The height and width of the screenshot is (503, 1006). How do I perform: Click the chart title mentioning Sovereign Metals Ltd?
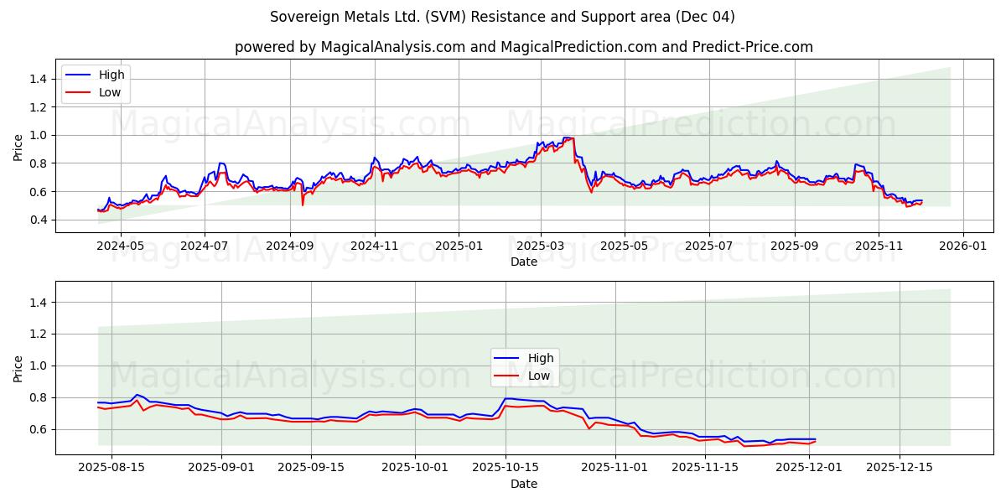(502, 17)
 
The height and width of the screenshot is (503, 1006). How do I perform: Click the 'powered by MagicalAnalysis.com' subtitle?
(523, 47)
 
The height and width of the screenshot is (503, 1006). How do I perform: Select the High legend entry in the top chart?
(111, 75)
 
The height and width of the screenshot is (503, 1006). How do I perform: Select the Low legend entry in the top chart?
(110, 92)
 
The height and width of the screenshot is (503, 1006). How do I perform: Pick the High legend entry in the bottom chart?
(540, 358)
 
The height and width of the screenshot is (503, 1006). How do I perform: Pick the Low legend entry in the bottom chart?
(538, 376)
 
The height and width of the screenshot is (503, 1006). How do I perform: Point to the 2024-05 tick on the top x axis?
(120, 246)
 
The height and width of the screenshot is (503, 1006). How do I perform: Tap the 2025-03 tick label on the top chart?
(540, 246)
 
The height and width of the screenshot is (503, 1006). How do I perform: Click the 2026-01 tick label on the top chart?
(962, 246)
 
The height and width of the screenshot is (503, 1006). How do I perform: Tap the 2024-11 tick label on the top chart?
(374, 246)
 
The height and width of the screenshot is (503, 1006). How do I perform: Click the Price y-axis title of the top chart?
(18, 148)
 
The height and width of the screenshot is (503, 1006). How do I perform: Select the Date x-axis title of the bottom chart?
(523, 484)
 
